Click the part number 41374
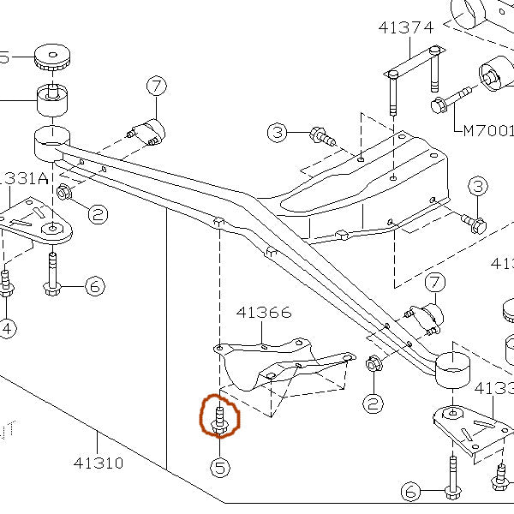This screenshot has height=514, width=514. (x=405, y=27)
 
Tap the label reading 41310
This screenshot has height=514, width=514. (x=98, y=463)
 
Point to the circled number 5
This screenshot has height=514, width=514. (x=220, y=468)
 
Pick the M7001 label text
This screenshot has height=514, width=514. (x=489, y=131)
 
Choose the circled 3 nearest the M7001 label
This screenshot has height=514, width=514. (x=476, y=187)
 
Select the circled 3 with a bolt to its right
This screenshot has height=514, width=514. (x=277, y=133)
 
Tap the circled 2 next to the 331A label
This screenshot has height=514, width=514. (x=98, y=213)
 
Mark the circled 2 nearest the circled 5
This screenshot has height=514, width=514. (x=372, y=402)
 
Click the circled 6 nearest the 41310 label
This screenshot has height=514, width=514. (x=94, y=285)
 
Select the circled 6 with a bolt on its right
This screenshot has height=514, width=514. (x=411, y=492)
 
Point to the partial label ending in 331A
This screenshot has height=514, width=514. (x=26, y=178)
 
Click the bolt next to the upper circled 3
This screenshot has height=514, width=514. (x=321, y=134)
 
